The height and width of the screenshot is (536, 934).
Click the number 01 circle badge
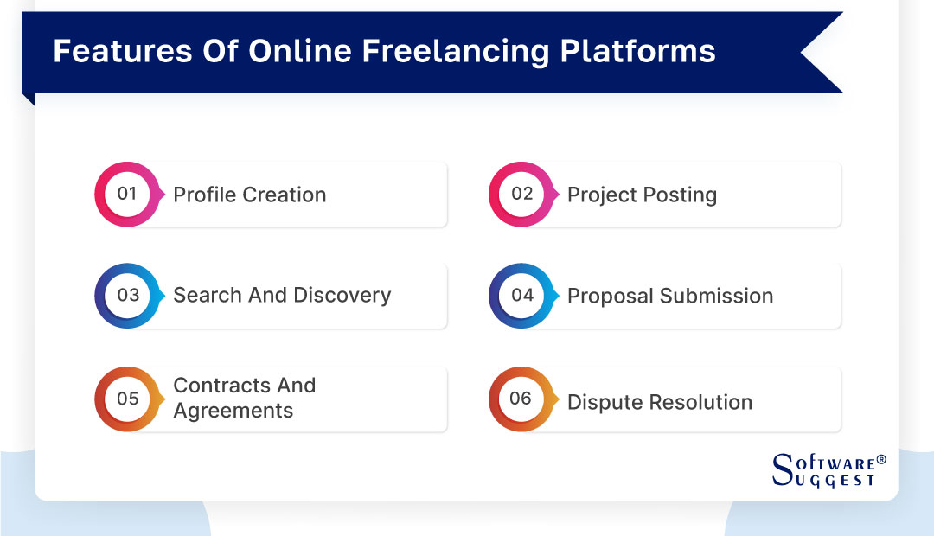click(x=127, y=195)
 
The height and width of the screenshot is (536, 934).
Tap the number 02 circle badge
click(x=521, y=195)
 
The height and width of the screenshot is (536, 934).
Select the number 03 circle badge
click(x=127, y=296)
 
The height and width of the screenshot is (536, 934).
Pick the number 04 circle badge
click(x=521, y=296)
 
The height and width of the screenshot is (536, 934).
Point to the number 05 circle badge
click(x=127, y=399)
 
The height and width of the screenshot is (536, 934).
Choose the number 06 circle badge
click(x=521, y=399)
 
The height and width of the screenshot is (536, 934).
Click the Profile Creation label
click(x=249, y=195)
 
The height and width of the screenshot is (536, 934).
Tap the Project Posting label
click(x=642, y=195)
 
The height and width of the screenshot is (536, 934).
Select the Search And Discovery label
click(x=282, y=296)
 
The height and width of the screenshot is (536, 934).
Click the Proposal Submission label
click(x=669, y=297)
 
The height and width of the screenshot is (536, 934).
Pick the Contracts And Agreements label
click(x=244, y=399)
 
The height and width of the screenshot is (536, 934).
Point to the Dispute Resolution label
click(x=659, y=403)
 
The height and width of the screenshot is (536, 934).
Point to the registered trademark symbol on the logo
click(x=881, y=460)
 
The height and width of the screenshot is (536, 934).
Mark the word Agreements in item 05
click(x=233, y=411)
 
